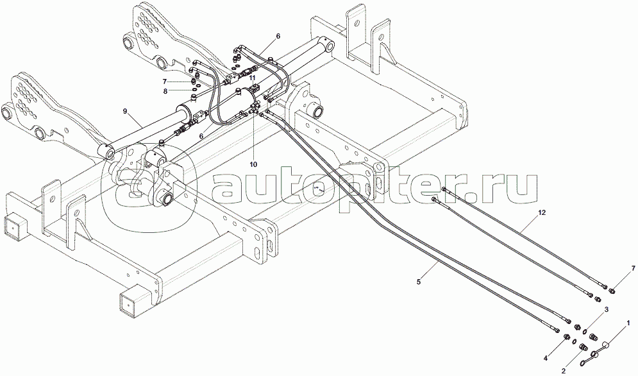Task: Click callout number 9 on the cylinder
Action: point(126,111)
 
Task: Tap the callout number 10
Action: point(254,164)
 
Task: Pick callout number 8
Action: point(165,92)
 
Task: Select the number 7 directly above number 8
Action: point(165,81)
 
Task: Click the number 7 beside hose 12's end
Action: point(615,268)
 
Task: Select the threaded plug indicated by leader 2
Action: point(583,347)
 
